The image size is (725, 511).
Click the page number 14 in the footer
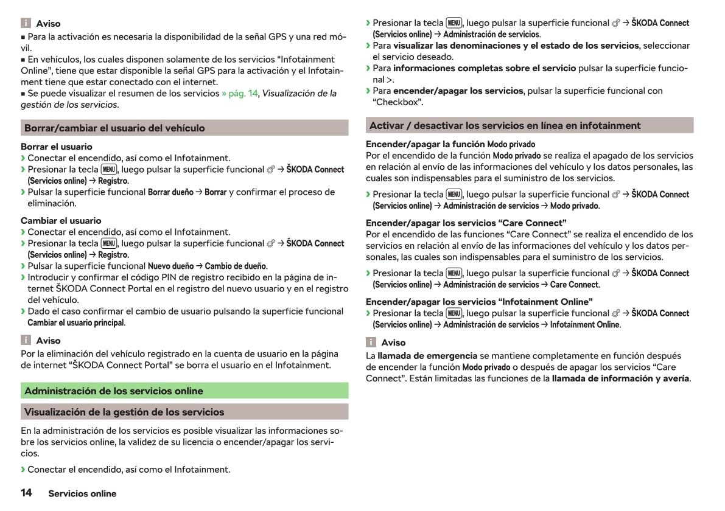click(x=26, y=493)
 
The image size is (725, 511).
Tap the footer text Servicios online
click(x=82, y=493)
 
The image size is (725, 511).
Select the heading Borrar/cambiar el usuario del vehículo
click(x=114, y=128)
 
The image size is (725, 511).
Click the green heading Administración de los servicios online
click(x=114, y=391)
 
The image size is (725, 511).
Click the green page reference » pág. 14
click(x=240, y=93)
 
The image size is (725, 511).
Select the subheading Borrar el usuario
click(x=57, y=147)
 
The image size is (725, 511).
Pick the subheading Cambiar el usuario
click(x=61, y=221)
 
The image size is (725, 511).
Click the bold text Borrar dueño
click(x=170, y=192)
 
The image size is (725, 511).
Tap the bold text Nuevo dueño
click(x=170, y=266)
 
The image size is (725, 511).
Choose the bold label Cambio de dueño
click(x=236, y=266)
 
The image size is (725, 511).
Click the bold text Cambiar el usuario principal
click(x=76, y=322)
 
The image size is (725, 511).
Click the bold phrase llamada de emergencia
click(x=427, y=355)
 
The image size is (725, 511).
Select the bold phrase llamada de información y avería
click(x=620, y=378)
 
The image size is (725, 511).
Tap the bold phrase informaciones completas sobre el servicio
click(x=485, y=68)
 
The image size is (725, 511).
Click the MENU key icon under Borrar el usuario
click(x=109, y=169)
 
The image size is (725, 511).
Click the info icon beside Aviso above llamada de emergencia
click(x=371, y=342)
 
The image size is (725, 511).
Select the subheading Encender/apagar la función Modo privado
click(x=450, y=144)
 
